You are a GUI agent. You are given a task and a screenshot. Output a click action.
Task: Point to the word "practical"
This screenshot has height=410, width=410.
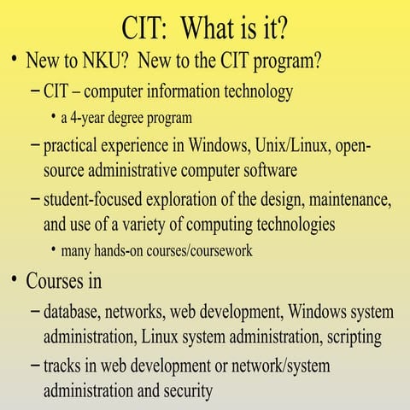[75, 146]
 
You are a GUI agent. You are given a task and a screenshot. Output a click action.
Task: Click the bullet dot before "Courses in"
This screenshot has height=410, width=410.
[14, 279]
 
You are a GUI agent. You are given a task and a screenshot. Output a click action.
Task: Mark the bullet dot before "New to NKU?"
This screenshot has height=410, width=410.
[14, 61]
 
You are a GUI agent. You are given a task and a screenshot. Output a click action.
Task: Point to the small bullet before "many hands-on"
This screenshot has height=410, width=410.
[54, 251]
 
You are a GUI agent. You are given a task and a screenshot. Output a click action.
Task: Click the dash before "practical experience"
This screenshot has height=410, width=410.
[34, 145]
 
